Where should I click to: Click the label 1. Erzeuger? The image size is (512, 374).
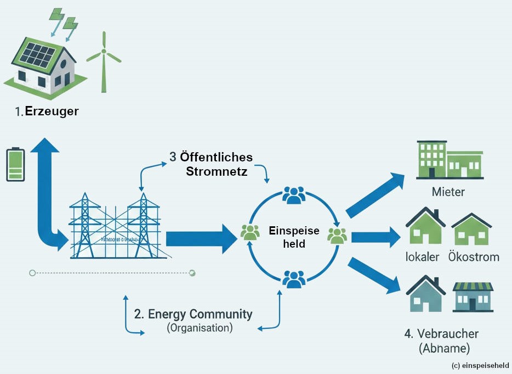coord(47,111)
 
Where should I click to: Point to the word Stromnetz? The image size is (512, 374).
coord(217,171)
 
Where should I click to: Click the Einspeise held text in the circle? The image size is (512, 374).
coord(293,237)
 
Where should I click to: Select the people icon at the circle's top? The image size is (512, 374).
coord(294,195)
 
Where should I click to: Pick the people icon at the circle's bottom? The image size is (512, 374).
coord(294,279)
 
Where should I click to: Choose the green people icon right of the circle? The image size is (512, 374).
coord(337,235)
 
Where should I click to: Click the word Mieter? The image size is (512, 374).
coord(448,192)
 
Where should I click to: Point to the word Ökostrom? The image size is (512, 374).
coord(474,256)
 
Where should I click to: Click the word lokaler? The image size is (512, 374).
coord(422,256)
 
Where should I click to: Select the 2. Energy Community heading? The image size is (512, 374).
coord(193,314)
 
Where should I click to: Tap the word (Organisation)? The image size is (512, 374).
coord(200,328)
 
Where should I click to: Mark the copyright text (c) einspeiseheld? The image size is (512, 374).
coord(480,366)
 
